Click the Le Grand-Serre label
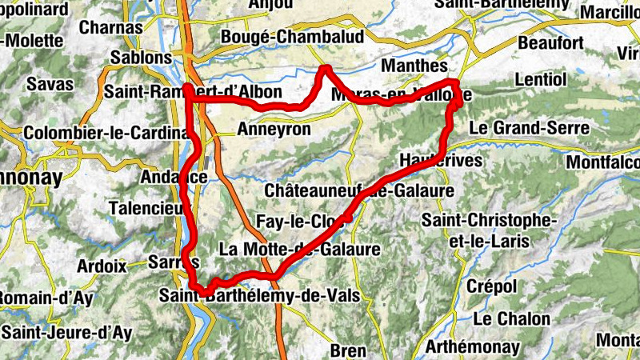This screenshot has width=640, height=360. pos(529,127)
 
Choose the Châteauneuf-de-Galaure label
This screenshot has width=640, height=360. pos(358,191)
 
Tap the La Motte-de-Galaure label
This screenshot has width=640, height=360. pos(298,249)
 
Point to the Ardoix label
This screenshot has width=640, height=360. pos(102,266)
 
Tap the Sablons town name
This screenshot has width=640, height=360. pos(142,58)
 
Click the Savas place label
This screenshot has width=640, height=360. pos(49,83)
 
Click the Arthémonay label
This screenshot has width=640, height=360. pos(473,347)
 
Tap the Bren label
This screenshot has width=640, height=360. pos(348,350)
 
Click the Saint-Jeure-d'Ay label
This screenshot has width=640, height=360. pos(67,331)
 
